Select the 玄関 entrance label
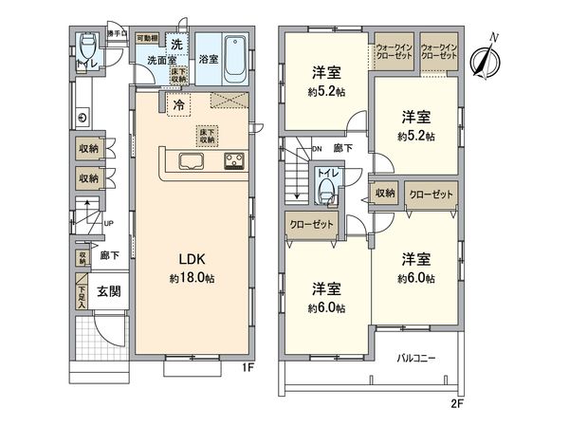click(107, 292)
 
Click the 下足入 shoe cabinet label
click(83, 297)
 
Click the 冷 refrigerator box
click(178, 105)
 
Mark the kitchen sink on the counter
click(188, 159)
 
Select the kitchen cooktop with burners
click(235, 160)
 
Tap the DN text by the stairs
click(316, 149)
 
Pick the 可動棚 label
click(146, 39)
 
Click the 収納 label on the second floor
click(384, 193)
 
